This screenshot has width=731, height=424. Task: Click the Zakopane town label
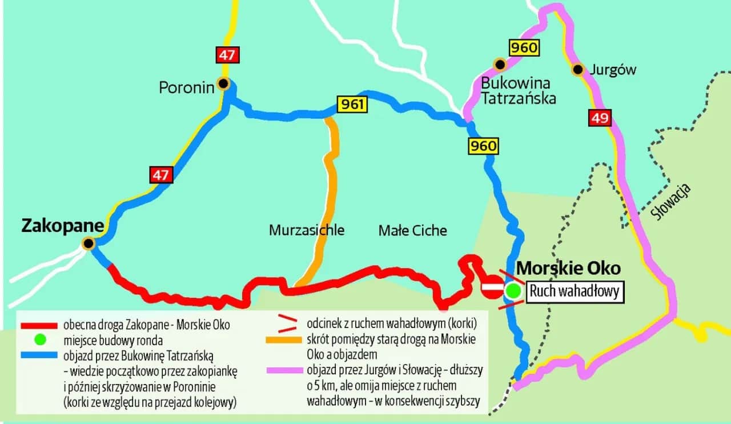pos(62,226)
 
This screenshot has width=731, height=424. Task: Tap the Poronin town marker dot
pos(223,84)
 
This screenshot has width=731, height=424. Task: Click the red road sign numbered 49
pos(600,119)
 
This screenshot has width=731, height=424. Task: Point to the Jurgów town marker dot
pos(578,70)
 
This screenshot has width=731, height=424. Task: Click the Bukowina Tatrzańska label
pos(518,90)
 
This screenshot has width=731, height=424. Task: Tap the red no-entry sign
pos(492,287)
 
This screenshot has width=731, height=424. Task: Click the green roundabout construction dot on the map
pos(513,291)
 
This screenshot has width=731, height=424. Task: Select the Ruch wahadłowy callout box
pos(574,291)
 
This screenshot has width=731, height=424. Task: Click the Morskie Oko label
pos(568,269)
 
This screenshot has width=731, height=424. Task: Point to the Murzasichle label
pos(307,230)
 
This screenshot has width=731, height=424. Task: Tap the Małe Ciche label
pos(412,231)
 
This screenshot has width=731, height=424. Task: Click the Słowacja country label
pos(672,202)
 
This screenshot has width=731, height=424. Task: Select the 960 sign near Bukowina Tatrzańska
pos(524,47)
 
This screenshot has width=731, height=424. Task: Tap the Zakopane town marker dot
pos(88,244)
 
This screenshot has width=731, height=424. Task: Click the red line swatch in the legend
pos(39,326)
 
